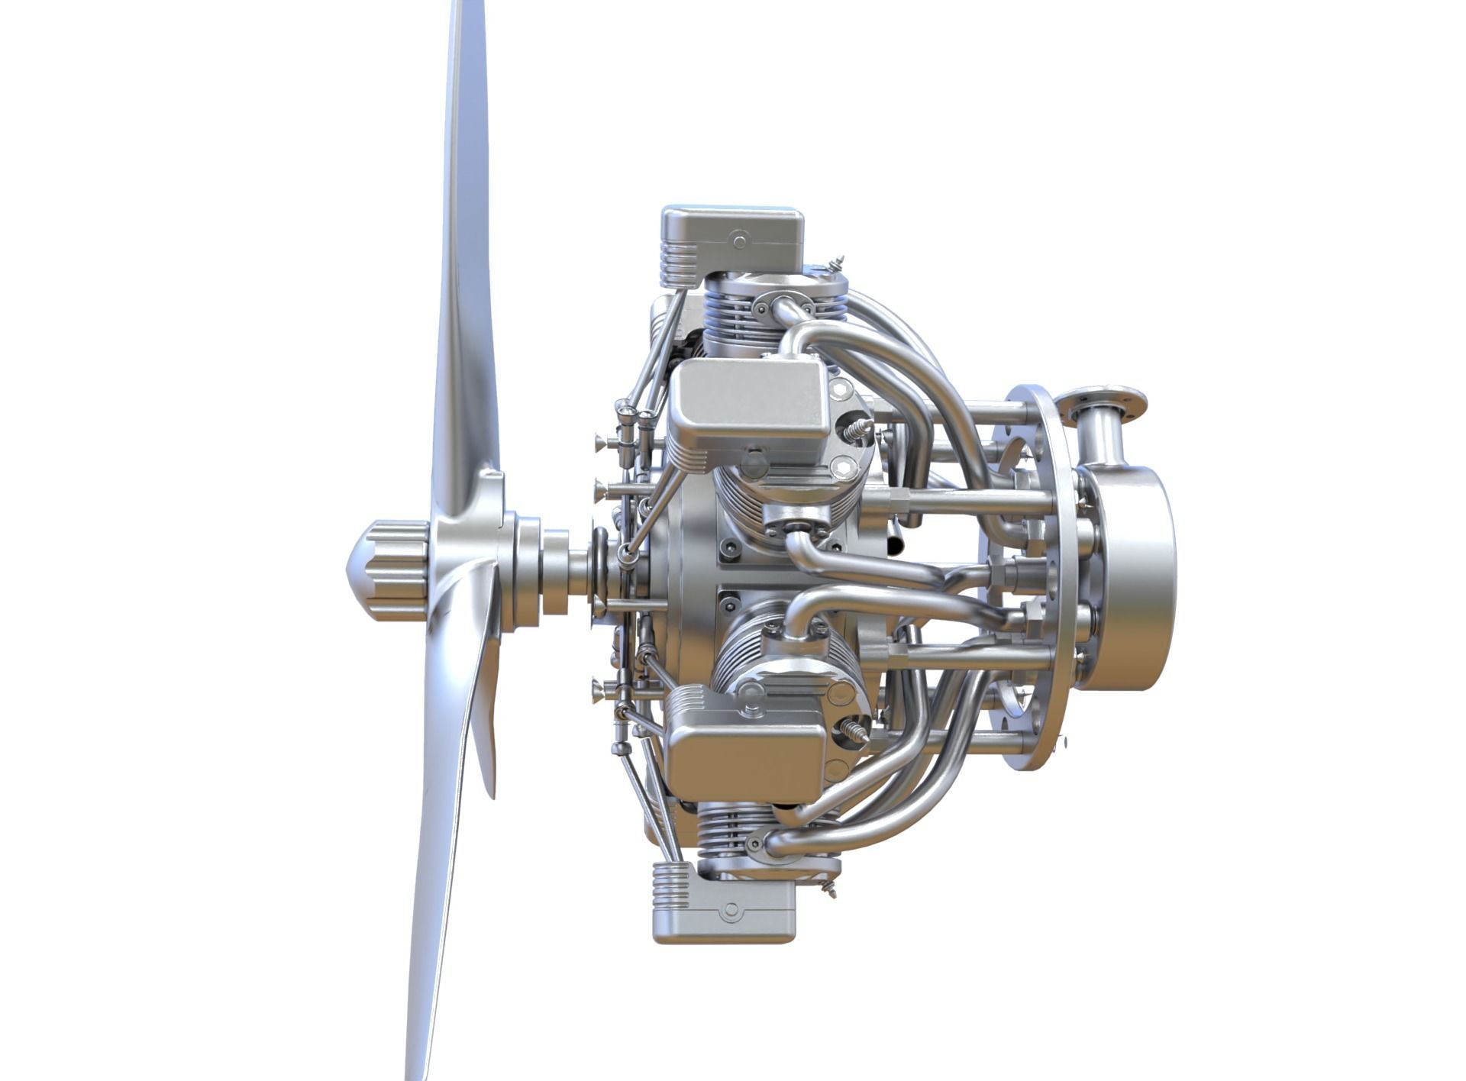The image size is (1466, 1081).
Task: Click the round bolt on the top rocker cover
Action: click(739, 242)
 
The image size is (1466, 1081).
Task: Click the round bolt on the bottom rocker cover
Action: click(731, 911)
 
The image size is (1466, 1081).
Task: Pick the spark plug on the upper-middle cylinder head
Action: click(857, 430)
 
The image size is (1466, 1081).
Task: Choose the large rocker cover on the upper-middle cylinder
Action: click(748, 405)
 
